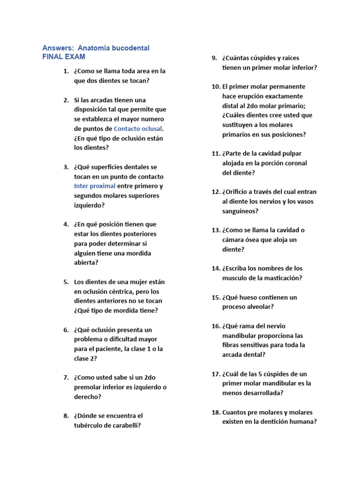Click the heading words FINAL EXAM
tap(64, 57)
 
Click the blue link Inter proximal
tap(95, 186)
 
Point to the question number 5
tap(66, 282)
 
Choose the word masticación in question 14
tap(279, 278)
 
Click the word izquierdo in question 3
tap(89, 205)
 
